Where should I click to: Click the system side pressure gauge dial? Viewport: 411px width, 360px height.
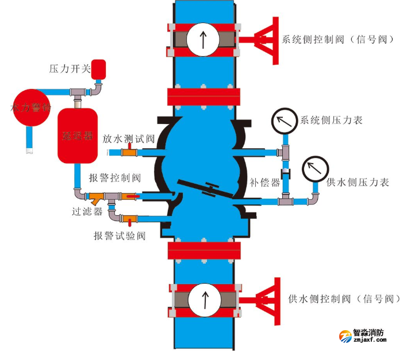pyautogui.click(x=283, y=121)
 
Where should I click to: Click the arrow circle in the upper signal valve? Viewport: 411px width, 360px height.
pyautogui.click(x=203, y=40)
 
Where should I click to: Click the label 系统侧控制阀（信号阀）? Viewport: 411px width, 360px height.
pyautogui.click(x=338, y=40)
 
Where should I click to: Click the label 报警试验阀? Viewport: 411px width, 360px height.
pyautogui.click(x=120, y=235)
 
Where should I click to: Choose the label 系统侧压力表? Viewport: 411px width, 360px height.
pyautogui.click(x=332, y=121)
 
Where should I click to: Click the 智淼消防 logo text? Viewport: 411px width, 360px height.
pyautogui.click(x=368, y=332)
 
